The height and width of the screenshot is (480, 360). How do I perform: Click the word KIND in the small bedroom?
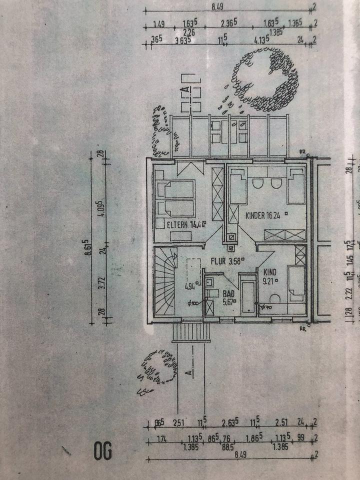pos(269,272)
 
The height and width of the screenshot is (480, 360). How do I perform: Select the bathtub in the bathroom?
pos(247,295)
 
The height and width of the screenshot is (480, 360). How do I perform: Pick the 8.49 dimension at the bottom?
pos(228,455)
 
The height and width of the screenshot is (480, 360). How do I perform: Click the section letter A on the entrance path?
pos(188,373)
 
